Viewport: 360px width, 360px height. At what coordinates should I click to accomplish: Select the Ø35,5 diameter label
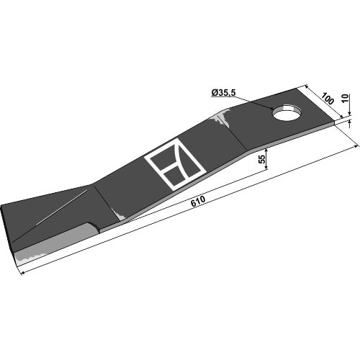pos(223,93)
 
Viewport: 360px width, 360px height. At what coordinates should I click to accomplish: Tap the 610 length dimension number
pos(198,202)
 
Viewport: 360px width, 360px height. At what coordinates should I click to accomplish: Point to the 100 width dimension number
pos(328,99)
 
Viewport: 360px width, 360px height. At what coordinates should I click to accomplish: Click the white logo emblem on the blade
pos(176,164)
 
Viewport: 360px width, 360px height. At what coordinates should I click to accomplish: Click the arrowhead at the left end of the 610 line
pos(24,272)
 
